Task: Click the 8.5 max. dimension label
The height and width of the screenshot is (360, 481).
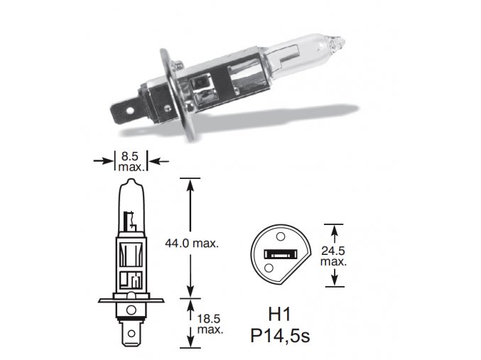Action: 130,162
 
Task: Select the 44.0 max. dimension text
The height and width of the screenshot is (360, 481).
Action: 192,244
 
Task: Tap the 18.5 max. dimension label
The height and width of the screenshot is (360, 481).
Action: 210,324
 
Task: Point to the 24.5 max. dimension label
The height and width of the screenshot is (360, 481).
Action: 333,256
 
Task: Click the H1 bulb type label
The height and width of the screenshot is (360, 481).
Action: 279,315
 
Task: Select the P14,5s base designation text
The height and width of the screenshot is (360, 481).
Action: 280,336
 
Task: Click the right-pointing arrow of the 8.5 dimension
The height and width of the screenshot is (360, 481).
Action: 104,160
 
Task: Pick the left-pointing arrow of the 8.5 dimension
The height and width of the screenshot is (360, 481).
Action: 158,160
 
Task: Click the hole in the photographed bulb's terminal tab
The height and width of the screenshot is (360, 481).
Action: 130,110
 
